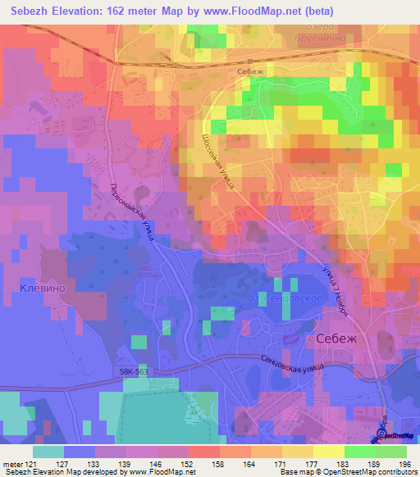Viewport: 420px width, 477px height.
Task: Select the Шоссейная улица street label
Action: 218,162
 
